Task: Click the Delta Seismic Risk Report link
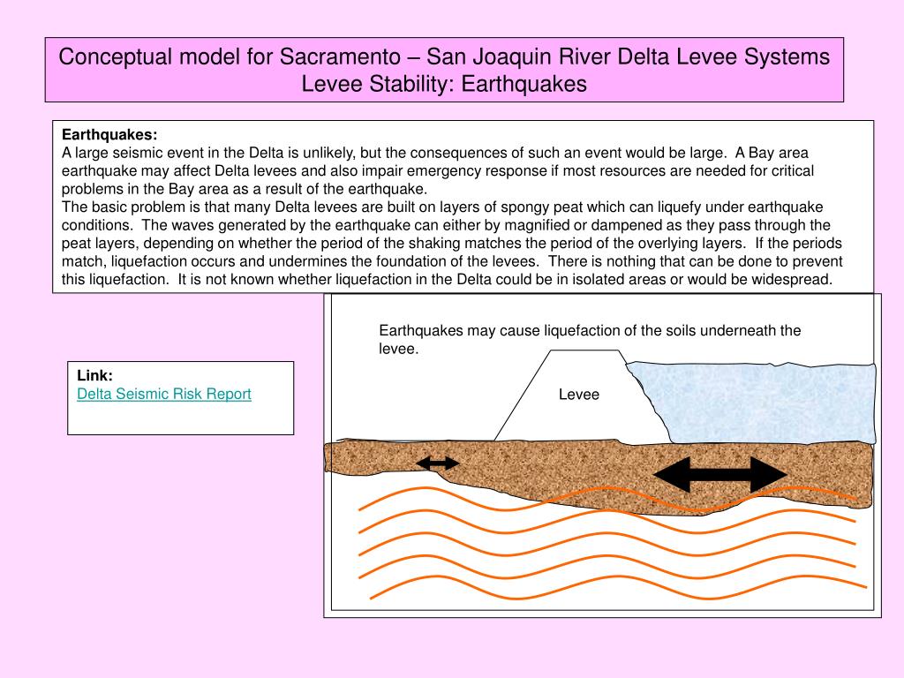[x=164, y=395]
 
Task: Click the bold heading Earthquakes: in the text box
[x=109, y=135]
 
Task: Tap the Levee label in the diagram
[x=579, y=395]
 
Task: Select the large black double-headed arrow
[x=719, y=475]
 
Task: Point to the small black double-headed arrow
[x=438, y=463]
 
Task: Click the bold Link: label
[x=94, y=375]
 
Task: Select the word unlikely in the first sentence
[x=325, y=152]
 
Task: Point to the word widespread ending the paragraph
[x=795, y=280]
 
